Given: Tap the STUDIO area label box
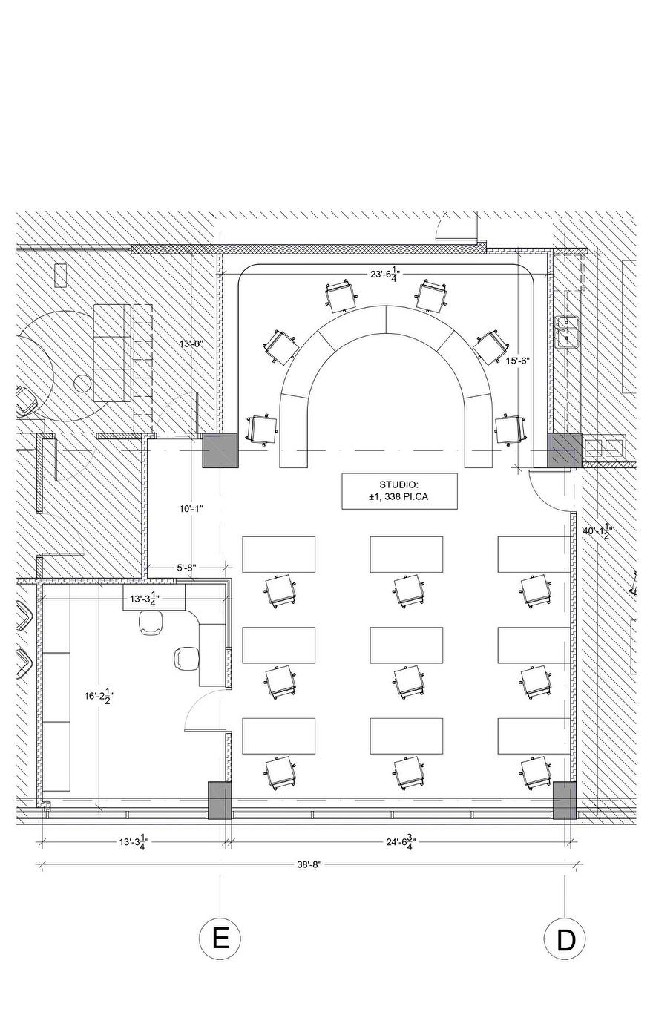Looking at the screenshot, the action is coord(399,491).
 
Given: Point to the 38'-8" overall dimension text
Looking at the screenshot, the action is coord(309,864).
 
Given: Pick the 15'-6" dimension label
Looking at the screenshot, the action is coord(518,361).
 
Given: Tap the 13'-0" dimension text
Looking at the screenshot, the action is coord(191,344).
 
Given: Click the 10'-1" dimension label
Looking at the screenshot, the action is coord(191,509).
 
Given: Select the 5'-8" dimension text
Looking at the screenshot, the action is coord(186,568).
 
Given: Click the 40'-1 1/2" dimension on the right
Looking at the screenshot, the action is coord(597,532).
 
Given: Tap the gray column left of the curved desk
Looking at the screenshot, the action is coord(220,450).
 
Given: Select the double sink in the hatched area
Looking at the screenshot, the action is coord(568,332).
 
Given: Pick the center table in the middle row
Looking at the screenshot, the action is coord(407,645).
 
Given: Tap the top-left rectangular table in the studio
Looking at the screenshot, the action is coord(278,554).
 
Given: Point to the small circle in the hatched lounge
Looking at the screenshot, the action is coord(83,384).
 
